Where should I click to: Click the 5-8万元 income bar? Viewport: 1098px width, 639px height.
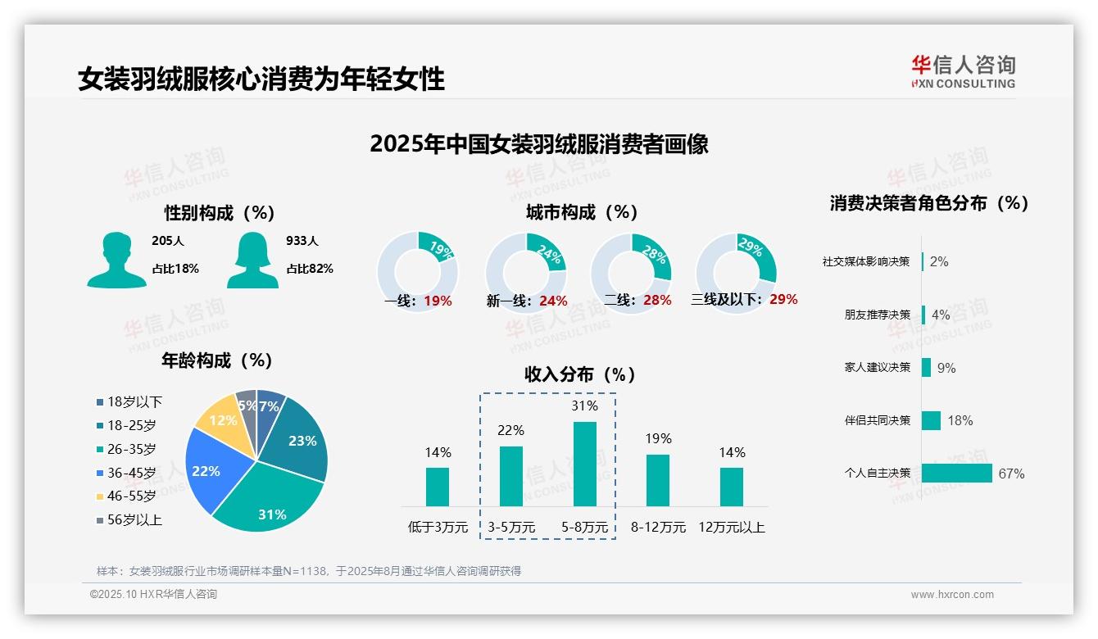(x=584, y=464)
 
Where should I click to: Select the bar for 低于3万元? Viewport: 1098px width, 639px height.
(x=438, y=487)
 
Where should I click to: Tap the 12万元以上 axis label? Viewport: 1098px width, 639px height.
(x=731, y=528)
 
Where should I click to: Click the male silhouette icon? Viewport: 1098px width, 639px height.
(x=116, y=260)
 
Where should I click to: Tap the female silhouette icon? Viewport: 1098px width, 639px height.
(x=252, y=260)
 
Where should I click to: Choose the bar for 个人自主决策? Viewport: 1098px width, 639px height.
(x=956, y=474)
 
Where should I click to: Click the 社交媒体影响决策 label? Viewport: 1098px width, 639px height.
(x=866, y=262)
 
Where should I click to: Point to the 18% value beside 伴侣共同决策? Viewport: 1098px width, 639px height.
(x=960, y=421)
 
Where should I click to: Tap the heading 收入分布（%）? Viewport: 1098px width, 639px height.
(x=580, y=375)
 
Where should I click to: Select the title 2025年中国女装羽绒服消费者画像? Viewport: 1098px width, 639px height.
(x=538, y=144)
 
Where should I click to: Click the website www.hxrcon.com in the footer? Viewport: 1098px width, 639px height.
(x=952, y=595)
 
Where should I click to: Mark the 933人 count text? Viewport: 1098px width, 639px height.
(x=302, y=241)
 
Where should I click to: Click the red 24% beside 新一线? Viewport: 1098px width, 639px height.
(x=553, y=301)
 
